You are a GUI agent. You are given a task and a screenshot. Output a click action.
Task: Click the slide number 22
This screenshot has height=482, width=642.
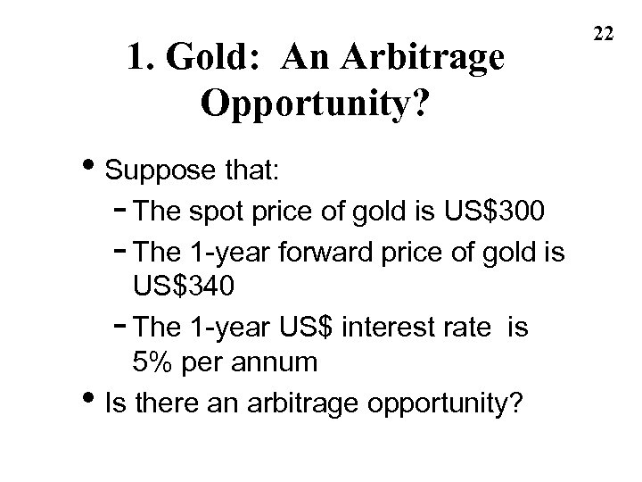coord(604,34)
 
